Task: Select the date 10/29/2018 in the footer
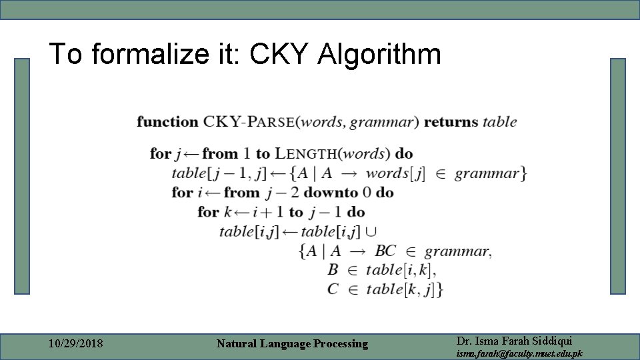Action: click(77, 344)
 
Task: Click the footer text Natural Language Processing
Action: click(292, 344)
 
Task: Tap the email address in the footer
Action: click(519, 353)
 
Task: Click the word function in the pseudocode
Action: click(167, 122)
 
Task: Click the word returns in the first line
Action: click(451, 122)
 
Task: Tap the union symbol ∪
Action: click(371, 232)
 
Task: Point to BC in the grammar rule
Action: click(385, 251)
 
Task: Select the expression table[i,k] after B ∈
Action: click(401, 270)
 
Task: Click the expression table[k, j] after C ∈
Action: click(404, 289)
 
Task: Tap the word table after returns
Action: click(499, 122)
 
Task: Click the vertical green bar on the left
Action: click(23, 176)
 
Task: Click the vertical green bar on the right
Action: click(618, 176)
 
